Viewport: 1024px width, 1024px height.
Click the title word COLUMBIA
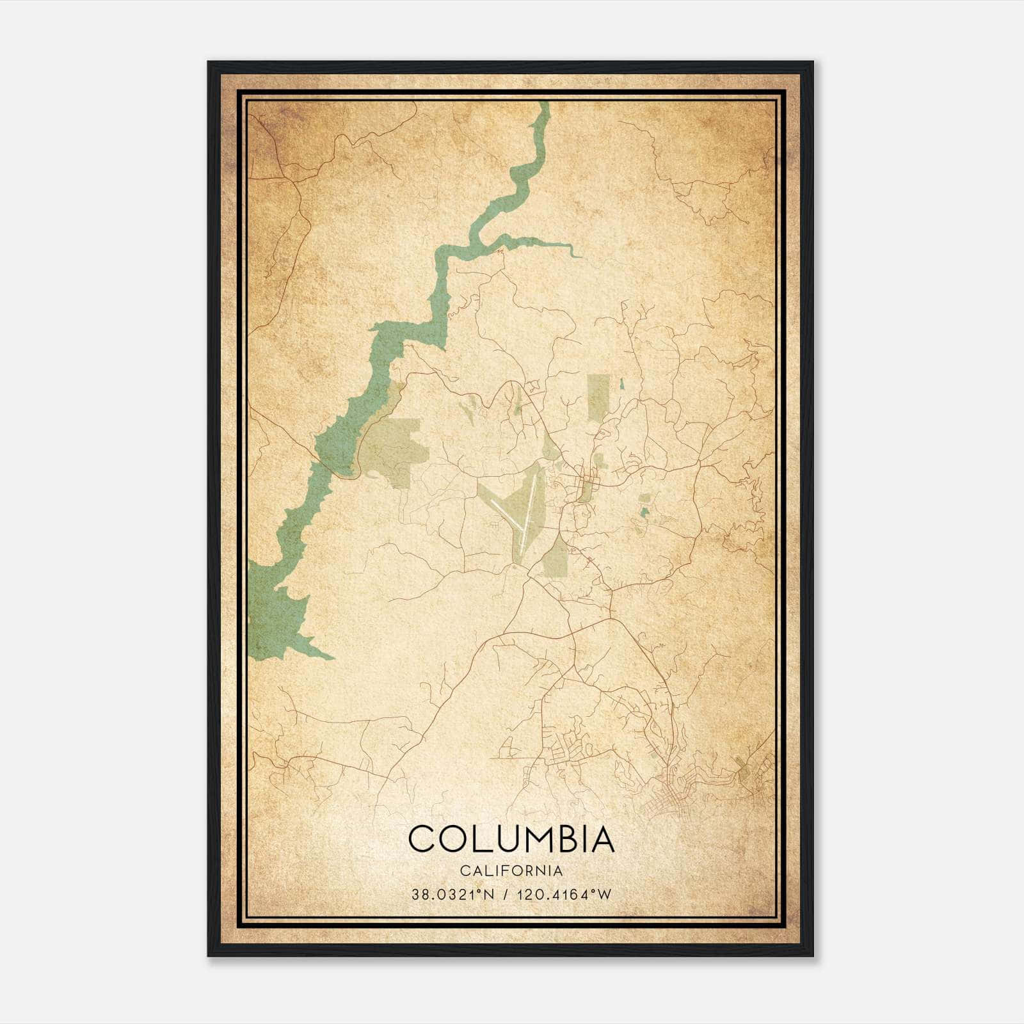(511, 839)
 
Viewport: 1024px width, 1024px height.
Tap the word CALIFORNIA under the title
(511, 870)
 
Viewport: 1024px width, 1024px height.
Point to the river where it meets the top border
(545, 106)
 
